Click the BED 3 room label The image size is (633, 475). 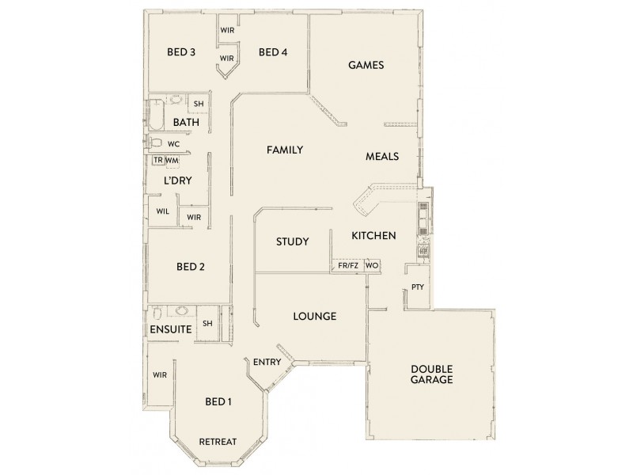point(181,53)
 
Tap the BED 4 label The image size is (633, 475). point(272,53)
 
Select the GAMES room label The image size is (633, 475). point(366,66)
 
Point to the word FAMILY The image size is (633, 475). point(285,150)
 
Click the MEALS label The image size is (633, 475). point(381,157)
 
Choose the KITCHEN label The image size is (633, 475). point(373,236)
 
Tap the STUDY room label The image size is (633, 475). point(292,241)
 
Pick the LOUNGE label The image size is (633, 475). point(315,316)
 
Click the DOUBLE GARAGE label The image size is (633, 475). point(431,374)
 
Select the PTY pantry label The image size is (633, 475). point(417,287)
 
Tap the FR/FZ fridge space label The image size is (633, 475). point(348,266)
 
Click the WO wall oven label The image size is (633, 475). point(372,266)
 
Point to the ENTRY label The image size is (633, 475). point(268,362)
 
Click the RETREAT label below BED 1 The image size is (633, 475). point(218,441)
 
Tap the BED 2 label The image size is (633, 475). point(191,267)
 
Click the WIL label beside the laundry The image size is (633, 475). point(162,211)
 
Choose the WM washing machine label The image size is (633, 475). point(172,161)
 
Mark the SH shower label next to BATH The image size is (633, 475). point(199,104)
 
